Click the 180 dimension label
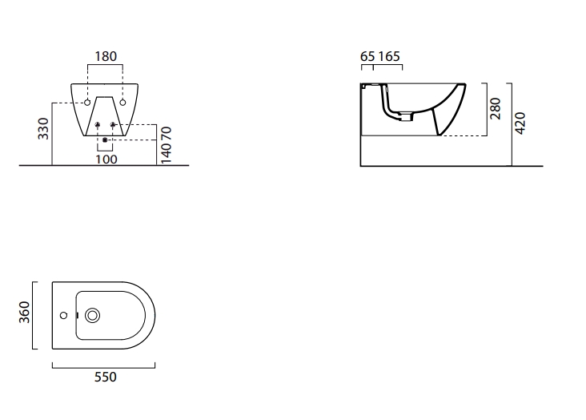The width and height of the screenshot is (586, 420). (x=106, y=57)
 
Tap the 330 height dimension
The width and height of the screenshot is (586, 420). (x=43, y=128)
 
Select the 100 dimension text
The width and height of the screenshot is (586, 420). (x=106, y=160)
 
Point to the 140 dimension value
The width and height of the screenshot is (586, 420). (x=166, y=153)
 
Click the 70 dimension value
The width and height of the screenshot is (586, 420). (x=166, y=134)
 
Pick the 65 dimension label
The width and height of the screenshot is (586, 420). (x=367, y=57)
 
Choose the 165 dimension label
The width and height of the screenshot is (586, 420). (x=389, y=57)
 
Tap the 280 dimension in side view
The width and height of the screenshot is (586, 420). (x=496, y=108)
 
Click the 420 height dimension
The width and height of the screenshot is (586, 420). (x=520, y=123)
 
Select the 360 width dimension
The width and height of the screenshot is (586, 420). (x=24, y=312)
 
